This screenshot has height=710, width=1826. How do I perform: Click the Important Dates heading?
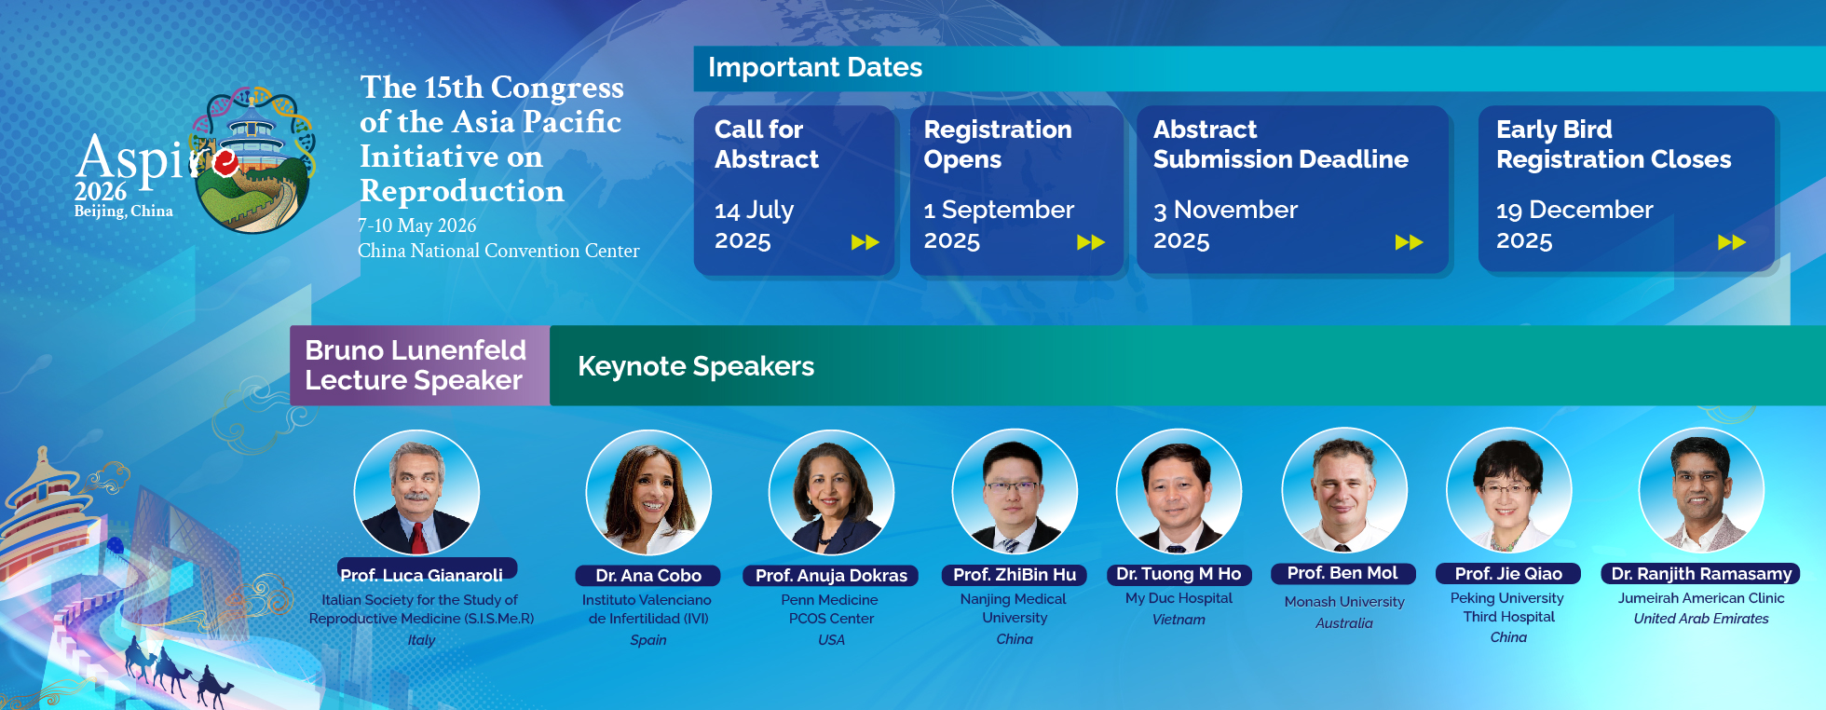pyautogui.click(x=815, y=68)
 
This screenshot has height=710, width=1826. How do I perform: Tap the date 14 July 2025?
pyautogui.click(x=755, y=225)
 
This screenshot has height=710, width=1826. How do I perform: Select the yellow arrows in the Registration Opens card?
pyautogui.click(x=1091, y=242)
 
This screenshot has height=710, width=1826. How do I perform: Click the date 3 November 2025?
pyautogui.click(x=1225, y=225)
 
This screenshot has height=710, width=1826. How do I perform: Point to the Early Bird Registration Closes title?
pyautogui.click(x=1614, y=144)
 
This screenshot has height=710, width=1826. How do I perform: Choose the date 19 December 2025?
pyautogui.click(x=1574, y=225)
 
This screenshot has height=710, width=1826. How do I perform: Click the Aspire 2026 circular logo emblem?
pyautogui.click(x=253, y=159)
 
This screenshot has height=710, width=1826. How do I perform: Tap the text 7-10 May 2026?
pyautogui.click(x=417, y=225)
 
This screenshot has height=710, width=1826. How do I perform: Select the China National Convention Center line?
pyautogui.click(x=498, y=251)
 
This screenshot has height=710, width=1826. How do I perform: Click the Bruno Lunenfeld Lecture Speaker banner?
pyautogui.click(x=420, y=365)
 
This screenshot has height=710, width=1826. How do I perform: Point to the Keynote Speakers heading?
pyautogui.click(x=696, y=366)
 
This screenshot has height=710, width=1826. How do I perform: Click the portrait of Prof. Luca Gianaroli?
pyautogui.click(x=416, y=493)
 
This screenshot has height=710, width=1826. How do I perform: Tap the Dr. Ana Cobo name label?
pyautogui.click(x=648, y=576)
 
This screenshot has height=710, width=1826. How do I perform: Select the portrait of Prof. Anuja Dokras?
pyautogui.click(x=831, y=492)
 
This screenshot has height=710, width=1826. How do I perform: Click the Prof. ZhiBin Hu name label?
pyautogui.click(x=1015, y=575)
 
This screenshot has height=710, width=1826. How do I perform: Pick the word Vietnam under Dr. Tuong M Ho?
pyautogui.click(x=1179, y=620)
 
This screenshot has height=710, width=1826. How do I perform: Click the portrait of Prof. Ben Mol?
pyautogui.click(x=1344, y=490)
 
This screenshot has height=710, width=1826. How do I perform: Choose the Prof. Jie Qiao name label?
pyautogui.click(x=1508, y=574)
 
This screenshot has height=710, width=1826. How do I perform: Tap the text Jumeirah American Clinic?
pyautogui.click(x=1701, y=598)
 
